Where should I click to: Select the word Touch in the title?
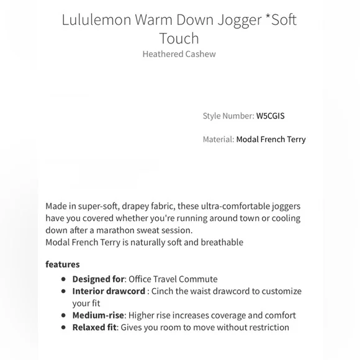coord(179,38)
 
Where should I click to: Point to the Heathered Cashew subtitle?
coord(179,54)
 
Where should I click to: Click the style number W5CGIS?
coord(271,115)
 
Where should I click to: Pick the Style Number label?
coord(228,115)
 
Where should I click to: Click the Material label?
coord(218,139)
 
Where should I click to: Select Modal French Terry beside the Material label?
coord(271,139)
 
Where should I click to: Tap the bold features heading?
coord(63,264)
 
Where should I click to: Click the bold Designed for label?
coord(99,279)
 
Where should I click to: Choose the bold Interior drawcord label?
coord(108,291)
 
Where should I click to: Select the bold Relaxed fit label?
coord(94,327)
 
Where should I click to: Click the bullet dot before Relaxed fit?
coord(63,328)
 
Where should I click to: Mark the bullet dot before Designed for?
coord(63,279)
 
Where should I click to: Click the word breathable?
coord(221,242)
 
